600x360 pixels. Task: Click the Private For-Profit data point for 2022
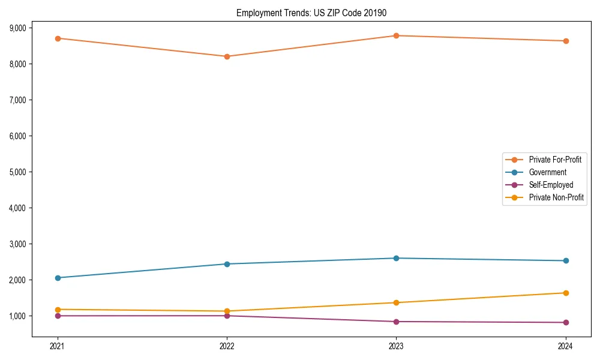(227, 56)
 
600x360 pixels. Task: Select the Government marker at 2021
(58, 278)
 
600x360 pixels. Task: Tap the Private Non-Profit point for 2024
(565, 293)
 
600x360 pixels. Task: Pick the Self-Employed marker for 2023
(396, 322)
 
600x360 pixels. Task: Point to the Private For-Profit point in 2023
(396, 35)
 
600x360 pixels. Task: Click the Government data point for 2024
(565, 260)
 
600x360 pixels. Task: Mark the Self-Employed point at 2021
(58, 316)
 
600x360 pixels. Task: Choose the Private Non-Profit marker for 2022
(227, 311)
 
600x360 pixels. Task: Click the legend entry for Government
(547, 172)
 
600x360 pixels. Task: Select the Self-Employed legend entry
(551, 185)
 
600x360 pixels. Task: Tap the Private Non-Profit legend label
(556, 197)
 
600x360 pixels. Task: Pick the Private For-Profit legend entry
(554, 160)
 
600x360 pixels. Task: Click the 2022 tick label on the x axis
(227, 346)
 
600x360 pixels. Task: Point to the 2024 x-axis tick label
(565, 346)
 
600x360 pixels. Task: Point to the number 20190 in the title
(381, 13)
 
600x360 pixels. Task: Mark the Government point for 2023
(396, 258)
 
